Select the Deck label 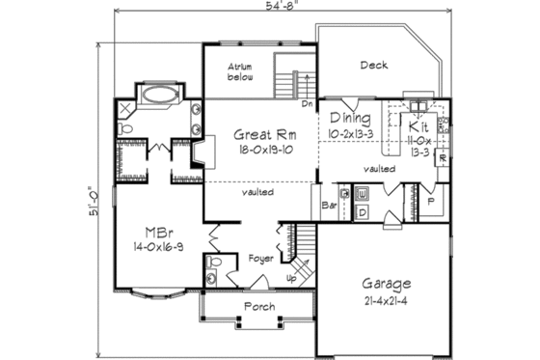pos(374,66)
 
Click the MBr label pos(158,233)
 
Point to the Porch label pos(260,307)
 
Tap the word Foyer pos(262,259)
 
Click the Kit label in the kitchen pos(417,126)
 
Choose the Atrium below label pos(240,71)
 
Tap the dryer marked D pos(362,210)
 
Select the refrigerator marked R pos(443,157)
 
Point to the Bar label pos(328,205)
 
